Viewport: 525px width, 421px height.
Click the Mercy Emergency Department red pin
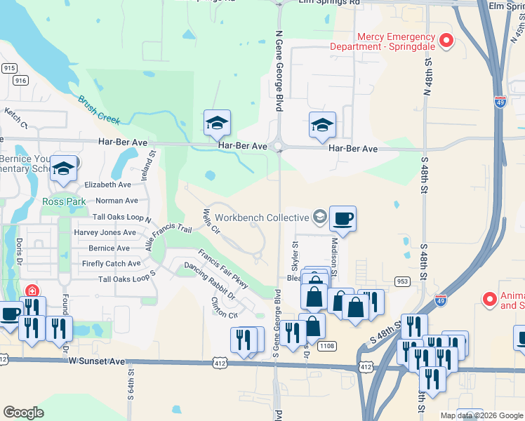point(446,41)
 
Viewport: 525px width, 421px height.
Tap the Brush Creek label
point(100,109)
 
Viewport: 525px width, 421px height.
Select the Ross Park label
point(63,201)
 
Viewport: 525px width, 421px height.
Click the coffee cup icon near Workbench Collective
point(343,219)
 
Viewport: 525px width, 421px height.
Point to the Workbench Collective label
point(262,218)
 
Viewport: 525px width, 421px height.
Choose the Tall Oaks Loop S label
point(124,279)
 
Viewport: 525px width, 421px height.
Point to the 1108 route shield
point(326,345)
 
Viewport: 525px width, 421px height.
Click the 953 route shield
point(402,281)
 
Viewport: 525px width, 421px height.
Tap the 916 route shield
point(20,81)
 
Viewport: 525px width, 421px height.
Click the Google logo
point(24,412)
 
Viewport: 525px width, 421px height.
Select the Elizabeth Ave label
point(107,185)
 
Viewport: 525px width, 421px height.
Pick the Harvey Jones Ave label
point(105,232)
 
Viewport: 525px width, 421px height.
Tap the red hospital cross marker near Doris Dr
point(32,290)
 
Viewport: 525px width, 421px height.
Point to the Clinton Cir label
point(225,307)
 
